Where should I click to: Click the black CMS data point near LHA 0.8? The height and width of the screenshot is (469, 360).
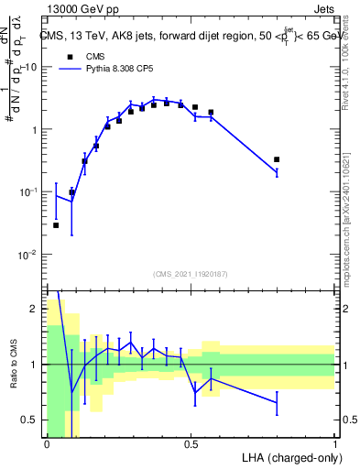(277, 159)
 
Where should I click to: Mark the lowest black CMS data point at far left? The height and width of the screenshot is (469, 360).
(56, 224)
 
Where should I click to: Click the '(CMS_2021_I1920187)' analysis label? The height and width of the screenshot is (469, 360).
(191, 274)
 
